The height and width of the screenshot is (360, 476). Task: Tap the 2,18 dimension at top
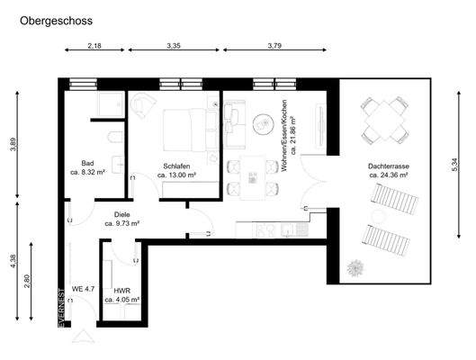coord(94,45)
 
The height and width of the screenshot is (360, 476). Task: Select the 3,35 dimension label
coord(175,45)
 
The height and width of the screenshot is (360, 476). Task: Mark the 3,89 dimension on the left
coord(13,144)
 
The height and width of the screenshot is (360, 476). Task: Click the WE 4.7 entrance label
coord(84,290)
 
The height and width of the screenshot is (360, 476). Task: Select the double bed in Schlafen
coord(187,133)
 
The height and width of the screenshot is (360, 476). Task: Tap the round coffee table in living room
coord(263,121)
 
